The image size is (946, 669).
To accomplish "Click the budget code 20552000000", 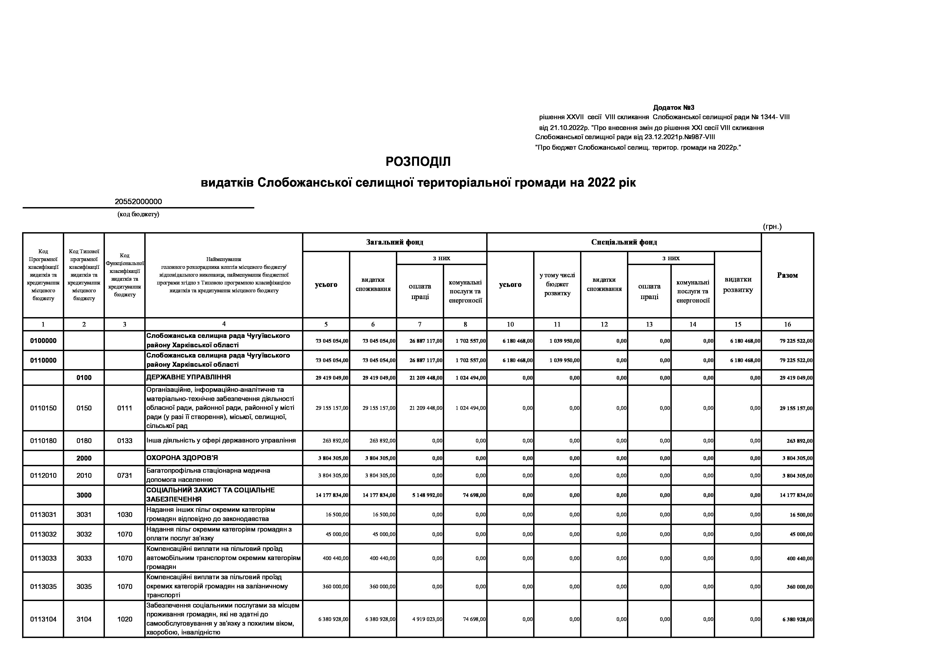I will [138, 202].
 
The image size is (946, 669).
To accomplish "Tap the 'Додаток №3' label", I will [673, 108].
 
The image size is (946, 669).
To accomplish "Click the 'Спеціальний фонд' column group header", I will [624, 242].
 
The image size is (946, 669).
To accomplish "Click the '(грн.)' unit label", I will [772, 227].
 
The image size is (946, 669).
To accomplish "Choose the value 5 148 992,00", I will [427, 495].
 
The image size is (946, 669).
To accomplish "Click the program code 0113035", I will [43, 586].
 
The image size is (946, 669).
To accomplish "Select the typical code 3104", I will [84, 619].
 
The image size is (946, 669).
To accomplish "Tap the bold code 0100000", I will [43, 341].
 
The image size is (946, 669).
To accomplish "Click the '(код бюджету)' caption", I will [138, 214].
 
